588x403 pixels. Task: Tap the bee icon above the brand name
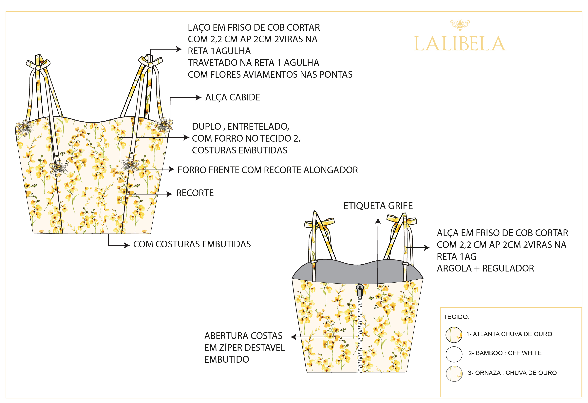point(460,25)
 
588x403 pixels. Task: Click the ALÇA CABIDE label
point(233,97)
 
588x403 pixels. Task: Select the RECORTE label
point(195,193)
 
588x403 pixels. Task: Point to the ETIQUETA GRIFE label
point(378,206)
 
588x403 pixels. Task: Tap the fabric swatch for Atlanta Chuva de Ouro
point(454,335)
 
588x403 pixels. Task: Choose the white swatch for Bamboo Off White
point(454,354)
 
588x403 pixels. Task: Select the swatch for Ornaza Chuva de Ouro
point(454,373)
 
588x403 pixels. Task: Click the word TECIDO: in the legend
point(456,317)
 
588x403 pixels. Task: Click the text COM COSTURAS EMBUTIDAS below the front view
point(192,244)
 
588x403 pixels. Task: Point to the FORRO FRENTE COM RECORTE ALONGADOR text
point(267,170)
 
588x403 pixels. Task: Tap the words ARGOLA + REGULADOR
point(485,269)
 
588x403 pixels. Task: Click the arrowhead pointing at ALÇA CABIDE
point(199,98)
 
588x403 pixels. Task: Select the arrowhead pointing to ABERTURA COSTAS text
point(294,337)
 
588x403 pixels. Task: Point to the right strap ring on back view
point(405,264)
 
